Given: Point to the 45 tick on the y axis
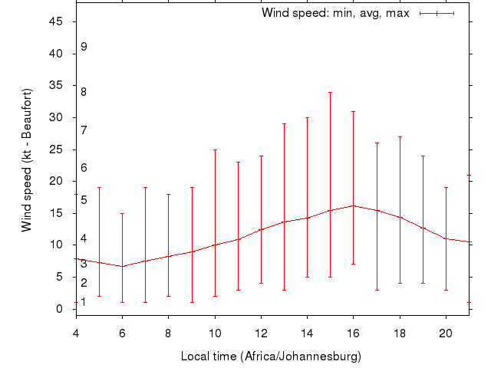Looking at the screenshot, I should click(56, 21).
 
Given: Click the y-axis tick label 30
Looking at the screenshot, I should click(56, 117).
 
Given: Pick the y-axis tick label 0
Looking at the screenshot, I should click(60, 308).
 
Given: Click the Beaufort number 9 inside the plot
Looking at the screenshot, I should click(84, 47).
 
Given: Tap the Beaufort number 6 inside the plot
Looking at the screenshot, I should click(84, 167).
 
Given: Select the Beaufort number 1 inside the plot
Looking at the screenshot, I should click(84, 302).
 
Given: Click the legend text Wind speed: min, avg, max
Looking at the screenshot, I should click(335, 13).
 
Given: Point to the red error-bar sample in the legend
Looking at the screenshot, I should click(437, 13).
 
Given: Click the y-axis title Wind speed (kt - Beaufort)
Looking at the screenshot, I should click(27, 159).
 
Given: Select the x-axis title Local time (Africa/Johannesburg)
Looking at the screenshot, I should click(271, 356).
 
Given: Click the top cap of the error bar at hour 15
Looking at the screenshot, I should click(330, 92).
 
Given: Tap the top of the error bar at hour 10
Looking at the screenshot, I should click(215, 149).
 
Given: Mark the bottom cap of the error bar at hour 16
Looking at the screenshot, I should click(353, 264).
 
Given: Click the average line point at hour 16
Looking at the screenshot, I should click(353, 205).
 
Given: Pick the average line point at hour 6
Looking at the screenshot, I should click(122, 266).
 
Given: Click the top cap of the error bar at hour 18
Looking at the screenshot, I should click(399, 136).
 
